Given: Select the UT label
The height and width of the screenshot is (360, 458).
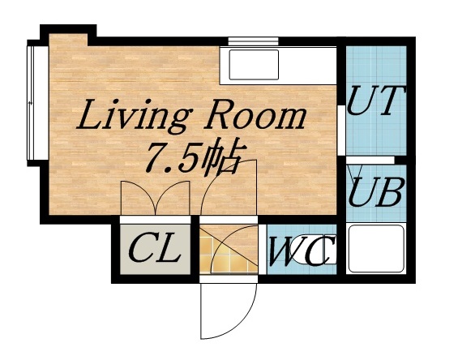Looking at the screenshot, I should click(x=375, y=101).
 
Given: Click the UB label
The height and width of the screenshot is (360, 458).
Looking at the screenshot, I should click(x=376, y=194).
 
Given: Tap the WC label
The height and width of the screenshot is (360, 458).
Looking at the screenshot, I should click(x=298, y=252).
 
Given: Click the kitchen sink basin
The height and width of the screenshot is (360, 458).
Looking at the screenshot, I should click(x=253, y=64).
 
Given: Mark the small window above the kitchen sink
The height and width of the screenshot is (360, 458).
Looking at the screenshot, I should click(x=253, y=41).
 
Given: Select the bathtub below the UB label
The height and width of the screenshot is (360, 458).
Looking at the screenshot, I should click(x=375, y=250).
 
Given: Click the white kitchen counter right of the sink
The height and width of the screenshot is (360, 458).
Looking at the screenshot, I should click(x=312, y=64).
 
